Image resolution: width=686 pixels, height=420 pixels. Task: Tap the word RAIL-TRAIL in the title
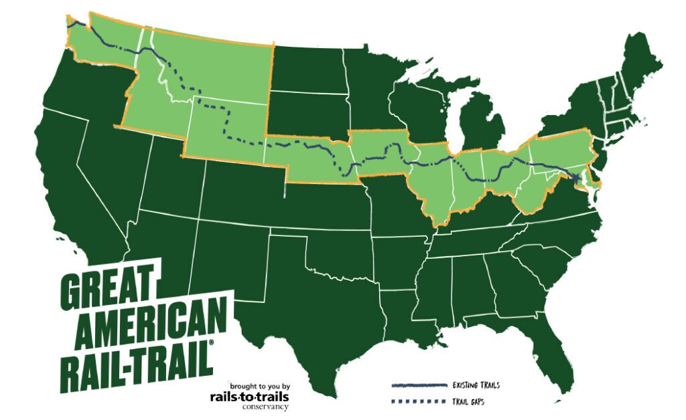pos(137,362)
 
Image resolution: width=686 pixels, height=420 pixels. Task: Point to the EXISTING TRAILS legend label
pos(476,385)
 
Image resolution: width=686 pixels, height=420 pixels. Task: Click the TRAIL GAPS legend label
pos(468,402)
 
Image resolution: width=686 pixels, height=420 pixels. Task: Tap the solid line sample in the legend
pos(419,386)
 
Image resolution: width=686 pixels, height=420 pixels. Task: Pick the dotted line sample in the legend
pos(419,402)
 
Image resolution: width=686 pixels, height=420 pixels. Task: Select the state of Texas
pos(315,301)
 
